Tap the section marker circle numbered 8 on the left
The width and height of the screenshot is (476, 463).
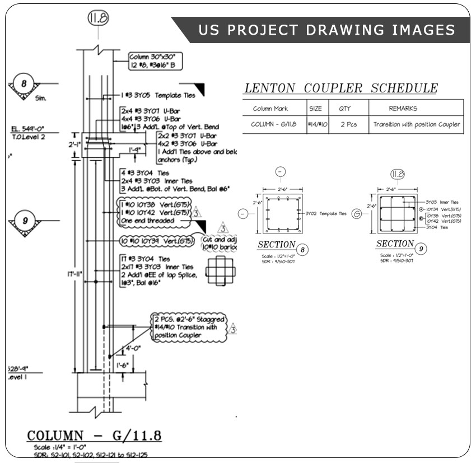click(x=24, y=83)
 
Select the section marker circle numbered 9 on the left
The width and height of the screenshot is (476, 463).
click(x=25, y=220)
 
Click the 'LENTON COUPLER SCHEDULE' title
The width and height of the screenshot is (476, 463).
click(x=341, y=88)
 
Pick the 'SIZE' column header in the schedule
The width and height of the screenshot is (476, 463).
click(x=315, y=108)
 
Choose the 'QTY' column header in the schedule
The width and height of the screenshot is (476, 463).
click(x=344, y=108)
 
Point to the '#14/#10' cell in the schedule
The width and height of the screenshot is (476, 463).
click(x=317, y=124)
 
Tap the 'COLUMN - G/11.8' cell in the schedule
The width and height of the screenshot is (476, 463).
click(x=273, y=124)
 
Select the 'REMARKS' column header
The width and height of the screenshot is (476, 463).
click(x=403, y=108)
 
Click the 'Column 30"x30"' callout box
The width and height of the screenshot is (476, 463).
click(x=155, y=60)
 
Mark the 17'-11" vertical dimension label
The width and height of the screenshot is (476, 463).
click(x=74, y=274)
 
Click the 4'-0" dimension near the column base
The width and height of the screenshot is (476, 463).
click(x=132, y=348)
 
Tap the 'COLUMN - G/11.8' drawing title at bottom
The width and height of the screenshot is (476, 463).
click(x=95, y=436)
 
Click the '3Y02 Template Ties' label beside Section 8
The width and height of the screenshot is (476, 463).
click(x=326, y=213)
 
